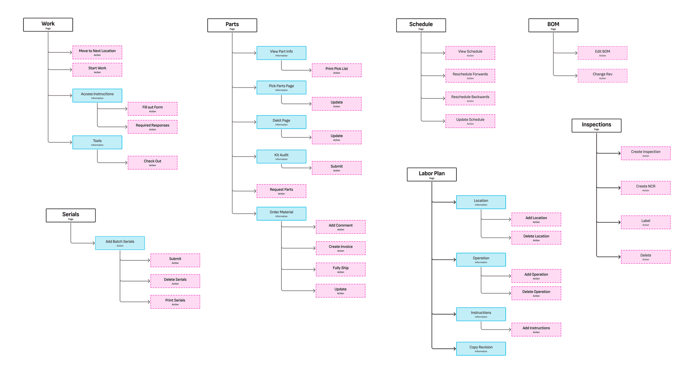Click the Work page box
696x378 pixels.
(x=48, y=25)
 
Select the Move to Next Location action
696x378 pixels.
(x=97, y=52)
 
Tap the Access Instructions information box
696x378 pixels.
(x=97, y=95)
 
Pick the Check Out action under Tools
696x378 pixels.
(x=152, y=163)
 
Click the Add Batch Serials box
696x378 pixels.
(x=120, y=243)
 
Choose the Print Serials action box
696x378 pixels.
(x=175, y=302)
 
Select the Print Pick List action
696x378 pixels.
(x=336, y=70)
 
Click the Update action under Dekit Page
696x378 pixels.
(x=336, y=137)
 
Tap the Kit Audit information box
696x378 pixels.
(x=281, y=157)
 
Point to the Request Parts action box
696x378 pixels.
(x=281, y=191)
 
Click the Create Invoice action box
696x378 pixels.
(x=341, y=248)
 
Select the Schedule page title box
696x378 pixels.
(x=421, y=25)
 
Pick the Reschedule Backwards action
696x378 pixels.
(x=470, y=98)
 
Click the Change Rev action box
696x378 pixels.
(x=602, y=75)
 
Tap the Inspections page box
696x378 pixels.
(x=596, y=126)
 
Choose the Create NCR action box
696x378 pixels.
(x=645, y=187)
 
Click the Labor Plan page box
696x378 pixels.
(x=432, y=175)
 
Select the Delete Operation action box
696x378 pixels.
(x=536, y=293)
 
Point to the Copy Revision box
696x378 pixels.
(x=481, y=348)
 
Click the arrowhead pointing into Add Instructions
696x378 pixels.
(x=510, y=329)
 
